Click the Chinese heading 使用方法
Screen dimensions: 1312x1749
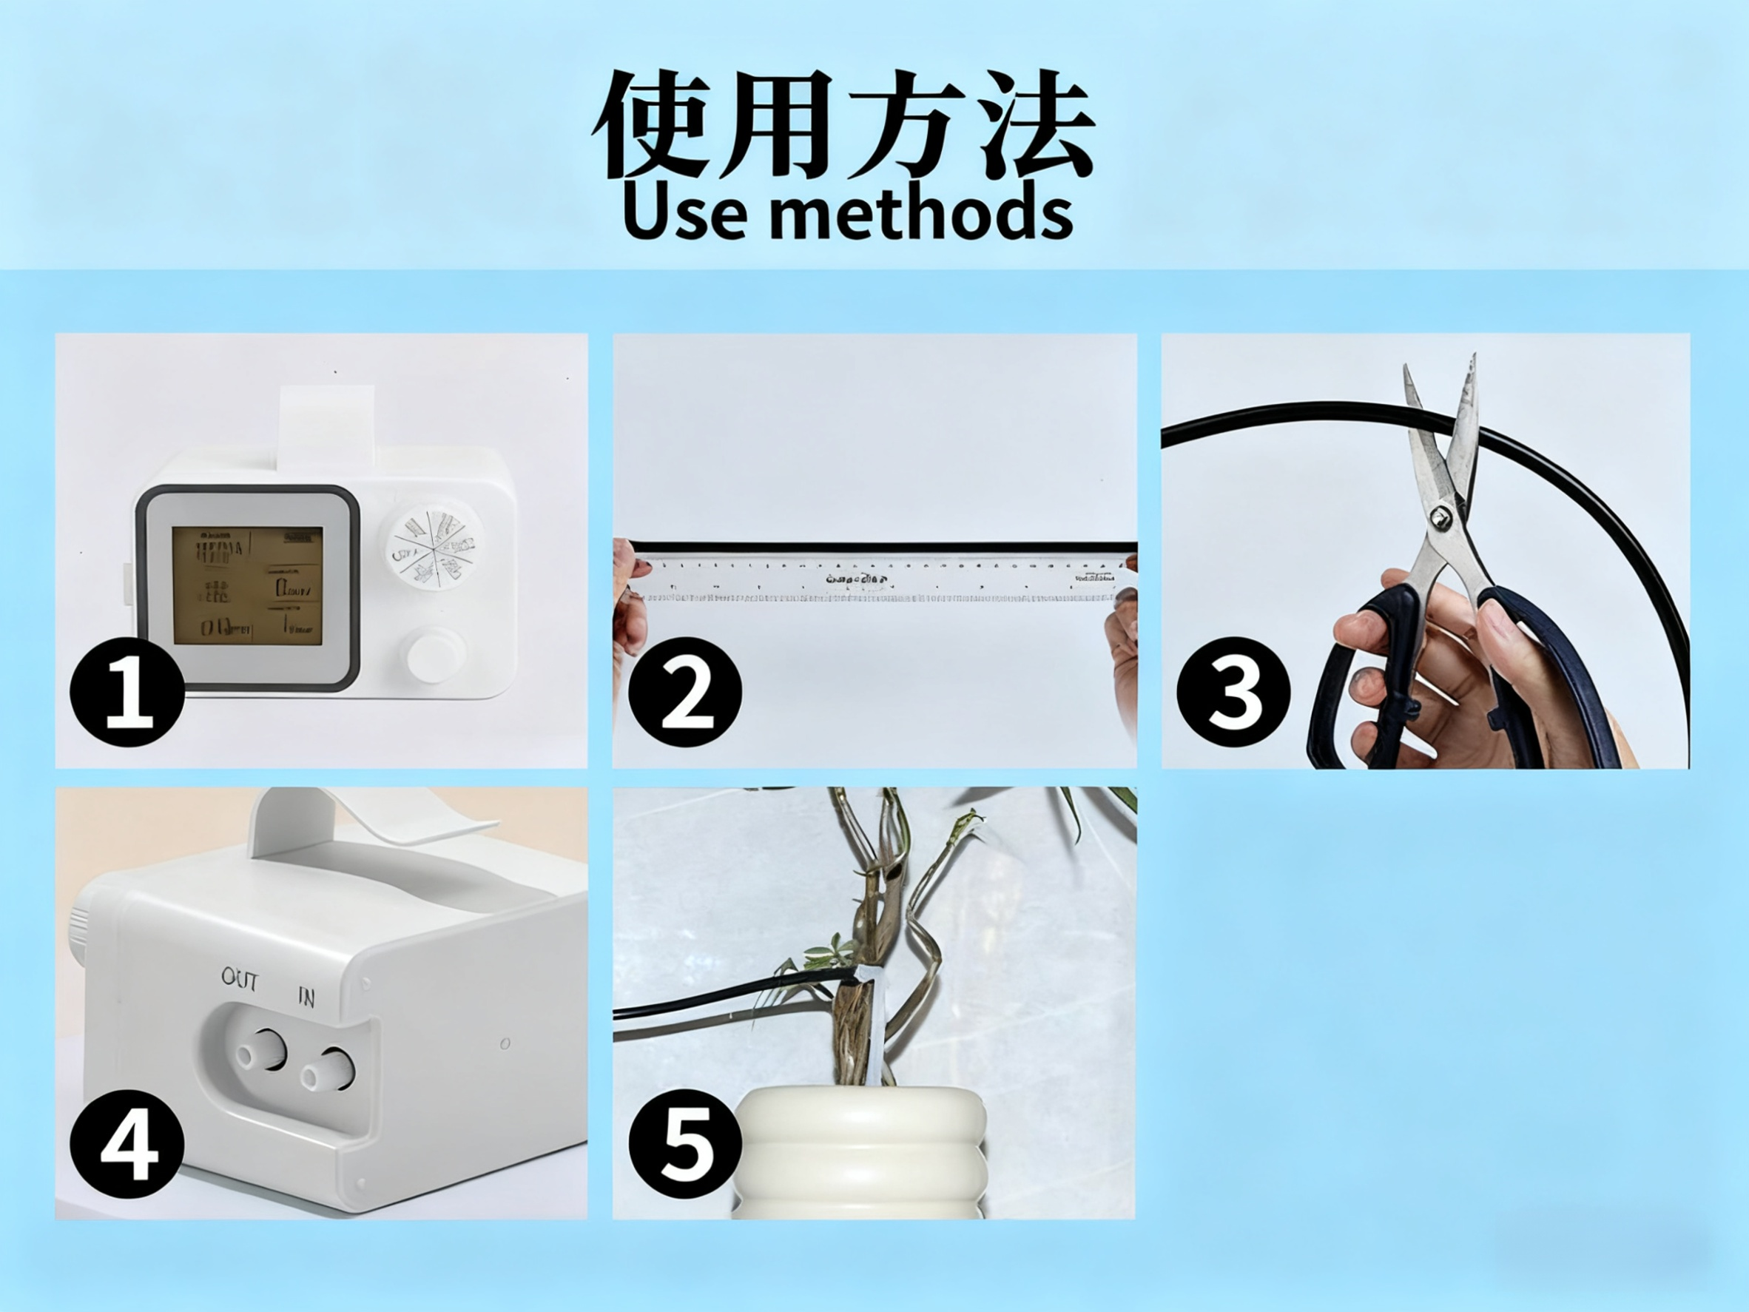pos(843,125)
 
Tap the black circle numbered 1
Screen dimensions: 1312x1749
pos(127,693)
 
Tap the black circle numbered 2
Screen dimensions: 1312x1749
pos(685,693)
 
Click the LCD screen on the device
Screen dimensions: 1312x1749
pos(248,585)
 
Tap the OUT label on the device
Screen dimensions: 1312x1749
pos(240,981)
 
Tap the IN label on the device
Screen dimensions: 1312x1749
pos(307,998)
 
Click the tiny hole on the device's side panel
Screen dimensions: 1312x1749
pos(505,1044)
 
